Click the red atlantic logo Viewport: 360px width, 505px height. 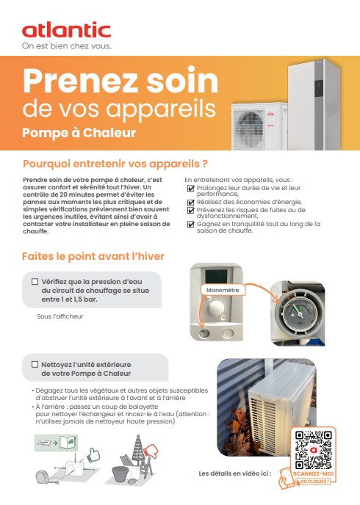pos(66,30)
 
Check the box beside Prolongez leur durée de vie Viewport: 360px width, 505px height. pos(191,188)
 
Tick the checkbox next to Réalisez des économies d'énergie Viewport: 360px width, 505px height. pos(191,200)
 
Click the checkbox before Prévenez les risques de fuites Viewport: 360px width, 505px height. pos(191,210)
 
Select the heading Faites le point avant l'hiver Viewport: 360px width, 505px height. pos(93,256)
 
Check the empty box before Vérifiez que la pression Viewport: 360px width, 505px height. pos(35,281)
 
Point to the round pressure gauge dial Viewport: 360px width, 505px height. pos(298,313)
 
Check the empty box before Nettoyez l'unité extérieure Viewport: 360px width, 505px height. pos(35,363)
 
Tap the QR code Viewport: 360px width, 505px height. pos(311,448)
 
